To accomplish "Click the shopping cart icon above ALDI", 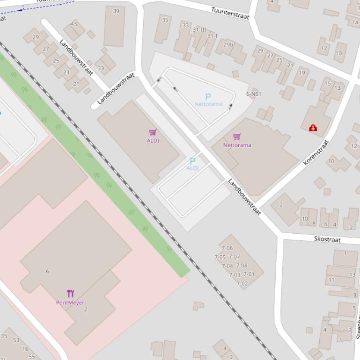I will (x=153, y=133).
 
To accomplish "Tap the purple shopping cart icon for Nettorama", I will (x=237, y=137).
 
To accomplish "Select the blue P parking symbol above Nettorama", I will (x=208, y=97).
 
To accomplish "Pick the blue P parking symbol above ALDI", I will (x=192, y=161).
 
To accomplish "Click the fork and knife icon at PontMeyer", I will (x=70, y=294).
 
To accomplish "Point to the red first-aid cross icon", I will (x=313, y=128).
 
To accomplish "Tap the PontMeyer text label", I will (x=70, y=302).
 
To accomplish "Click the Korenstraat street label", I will (x=316, y=152).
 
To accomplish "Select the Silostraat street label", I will (x=327, y=239).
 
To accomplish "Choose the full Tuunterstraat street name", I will (x=230, y=13).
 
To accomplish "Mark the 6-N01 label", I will (x=254, y=94).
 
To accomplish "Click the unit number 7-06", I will (x=227, y=248).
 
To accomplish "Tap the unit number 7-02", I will (x=242, y=284).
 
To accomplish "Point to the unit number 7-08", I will (x=242, y=266).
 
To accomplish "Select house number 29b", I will (x=228, y=45).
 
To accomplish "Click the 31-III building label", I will (x=199, y=29).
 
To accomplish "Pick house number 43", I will (x=74, y=24).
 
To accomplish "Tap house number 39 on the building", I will (x=116, y=11).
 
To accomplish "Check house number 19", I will (x=302, y=72).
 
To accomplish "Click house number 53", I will (x=16, y=340).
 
